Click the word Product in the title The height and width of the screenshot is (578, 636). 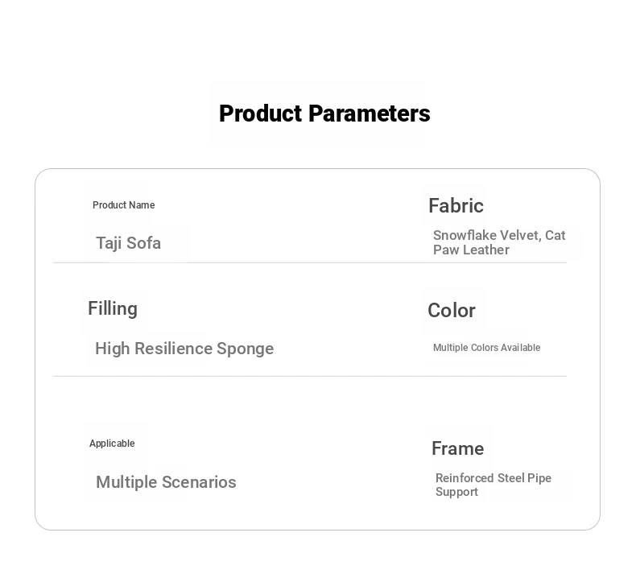click(262, 114)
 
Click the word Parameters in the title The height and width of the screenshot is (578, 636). click(370, 114)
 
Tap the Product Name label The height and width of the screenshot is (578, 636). click(124, 205)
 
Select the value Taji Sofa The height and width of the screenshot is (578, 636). click(128, 243)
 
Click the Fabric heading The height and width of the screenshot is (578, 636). click(456, 205)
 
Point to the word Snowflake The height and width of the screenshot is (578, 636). click(465, 235)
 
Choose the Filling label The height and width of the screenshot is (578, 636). click(113, 309)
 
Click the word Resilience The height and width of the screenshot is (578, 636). click(174, 349)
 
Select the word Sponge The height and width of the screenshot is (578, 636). click(245, 349)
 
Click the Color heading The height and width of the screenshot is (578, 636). click(452, 311)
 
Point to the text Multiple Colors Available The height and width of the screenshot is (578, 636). click(487, 348)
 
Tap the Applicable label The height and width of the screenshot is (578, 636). click(112, 444)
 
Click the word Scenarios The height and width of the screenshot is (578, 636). click(199, 482)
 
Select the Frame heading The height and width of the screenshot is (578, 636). click(457, 448)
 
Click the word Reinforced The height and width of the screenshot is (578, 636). click(465, 478)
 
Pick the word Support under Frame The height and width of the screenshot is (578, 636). click(456, 492)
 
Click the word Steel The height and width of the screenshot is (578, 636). click(510, 478)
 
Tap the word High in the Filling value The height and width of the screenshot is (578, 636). click(113, 349)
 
